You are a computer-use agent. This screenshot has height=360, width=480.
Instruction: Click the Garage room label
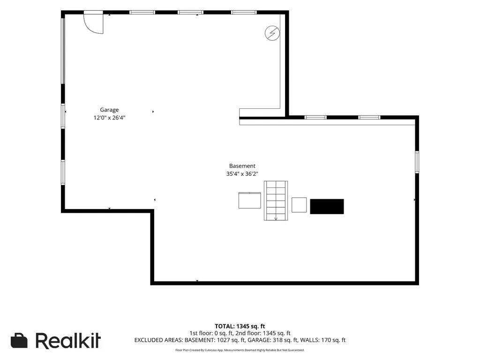(x=109, y=110)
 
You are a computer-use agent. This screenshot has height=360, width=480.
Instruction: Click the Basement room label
(x=242, y=166)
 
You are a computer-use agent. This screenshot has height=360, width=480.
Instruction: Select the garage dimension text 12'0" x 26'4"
(x=109, y=118)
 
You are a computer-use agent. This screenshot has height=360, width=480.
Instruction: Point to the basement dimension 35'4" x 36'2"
(x=242, y=174)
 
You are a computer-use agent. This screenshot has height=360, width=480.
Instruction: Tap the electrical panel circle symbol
(x=272, y=33)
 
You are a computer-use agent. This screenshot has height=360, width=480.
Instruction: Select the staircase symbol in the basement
(x=276, y=201)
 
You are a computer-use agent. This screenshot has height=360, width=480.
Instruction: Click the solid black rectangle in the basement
(x=327, y=206)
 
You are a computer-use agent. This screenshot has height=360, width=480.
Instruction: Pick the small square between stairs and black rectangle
(x=299, y=205)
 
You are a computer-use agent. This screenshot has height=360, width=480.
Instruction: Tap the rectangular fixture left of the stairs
(x=250, y=201)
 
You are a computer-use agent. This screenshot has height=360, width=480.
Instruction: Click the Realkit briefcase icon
(x=19, y=340)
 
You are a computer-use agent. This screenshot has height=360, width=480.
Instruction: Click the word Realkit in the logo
(x=68, y=341)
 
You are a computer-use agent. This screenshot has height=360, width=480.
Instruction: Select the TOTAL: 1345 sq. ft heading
(x=240, y=326)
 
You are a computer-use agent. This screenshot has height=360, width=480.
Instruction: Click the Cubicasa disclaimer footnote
(x=240, y=350)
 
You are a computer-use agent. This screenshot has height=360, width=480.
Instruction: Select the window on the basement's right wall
(x=417, y=162)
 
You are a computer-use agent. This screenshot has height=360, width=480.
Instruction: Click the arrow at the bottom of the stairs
(x=276, y=218)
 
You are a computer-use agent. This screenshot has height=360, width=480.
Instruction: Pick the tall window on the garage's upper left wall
(x=63, y=51)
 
